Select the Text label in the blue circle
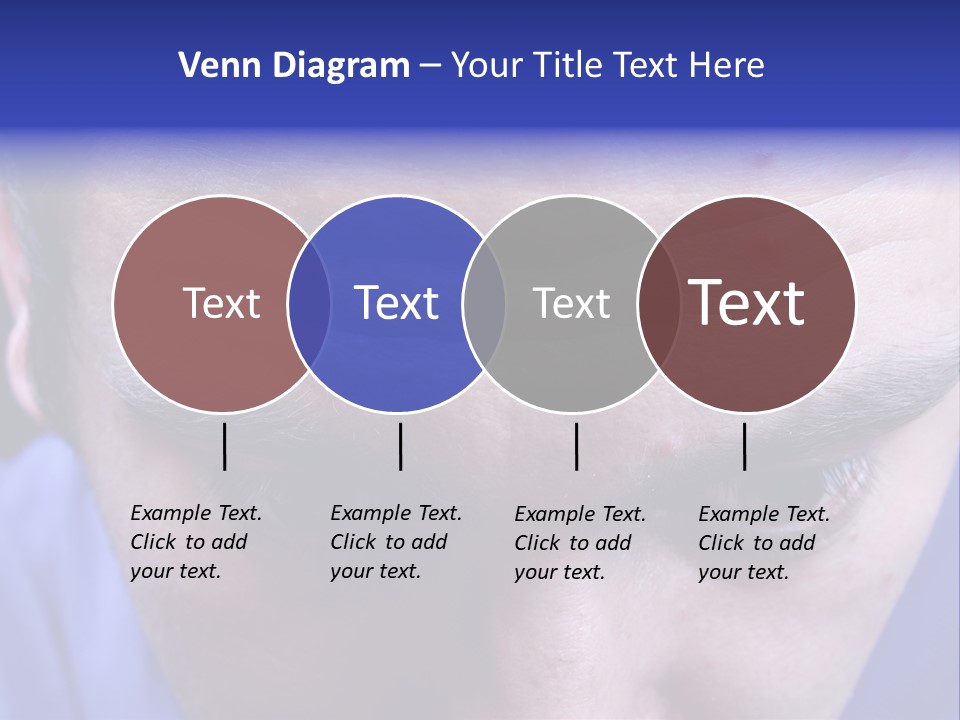397,303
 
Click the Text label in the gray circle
571,303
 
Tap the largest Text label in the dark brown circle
747,303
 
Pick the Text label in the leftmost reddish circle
222,303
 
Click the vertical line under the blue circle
400,446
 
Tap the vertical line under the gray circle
576,446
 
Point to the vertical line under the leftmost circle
225,446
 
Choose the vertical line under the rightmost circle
745,446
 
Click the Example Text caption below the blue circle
395,542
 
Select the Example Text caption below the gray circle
579,543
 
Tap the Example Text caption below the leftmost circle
195,542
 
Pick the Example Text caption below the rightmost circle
763,543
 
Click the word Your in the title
488,66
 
